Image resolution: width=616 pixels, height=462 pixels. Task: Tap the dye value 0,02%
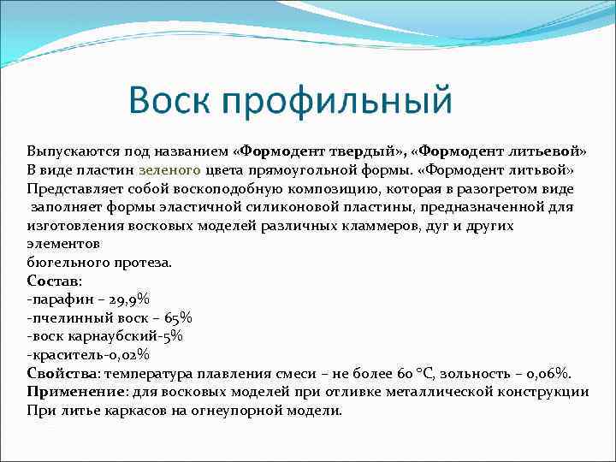coord(127,355)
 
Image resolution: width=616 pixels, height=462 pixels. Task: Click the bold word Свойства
coord(62,374)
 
